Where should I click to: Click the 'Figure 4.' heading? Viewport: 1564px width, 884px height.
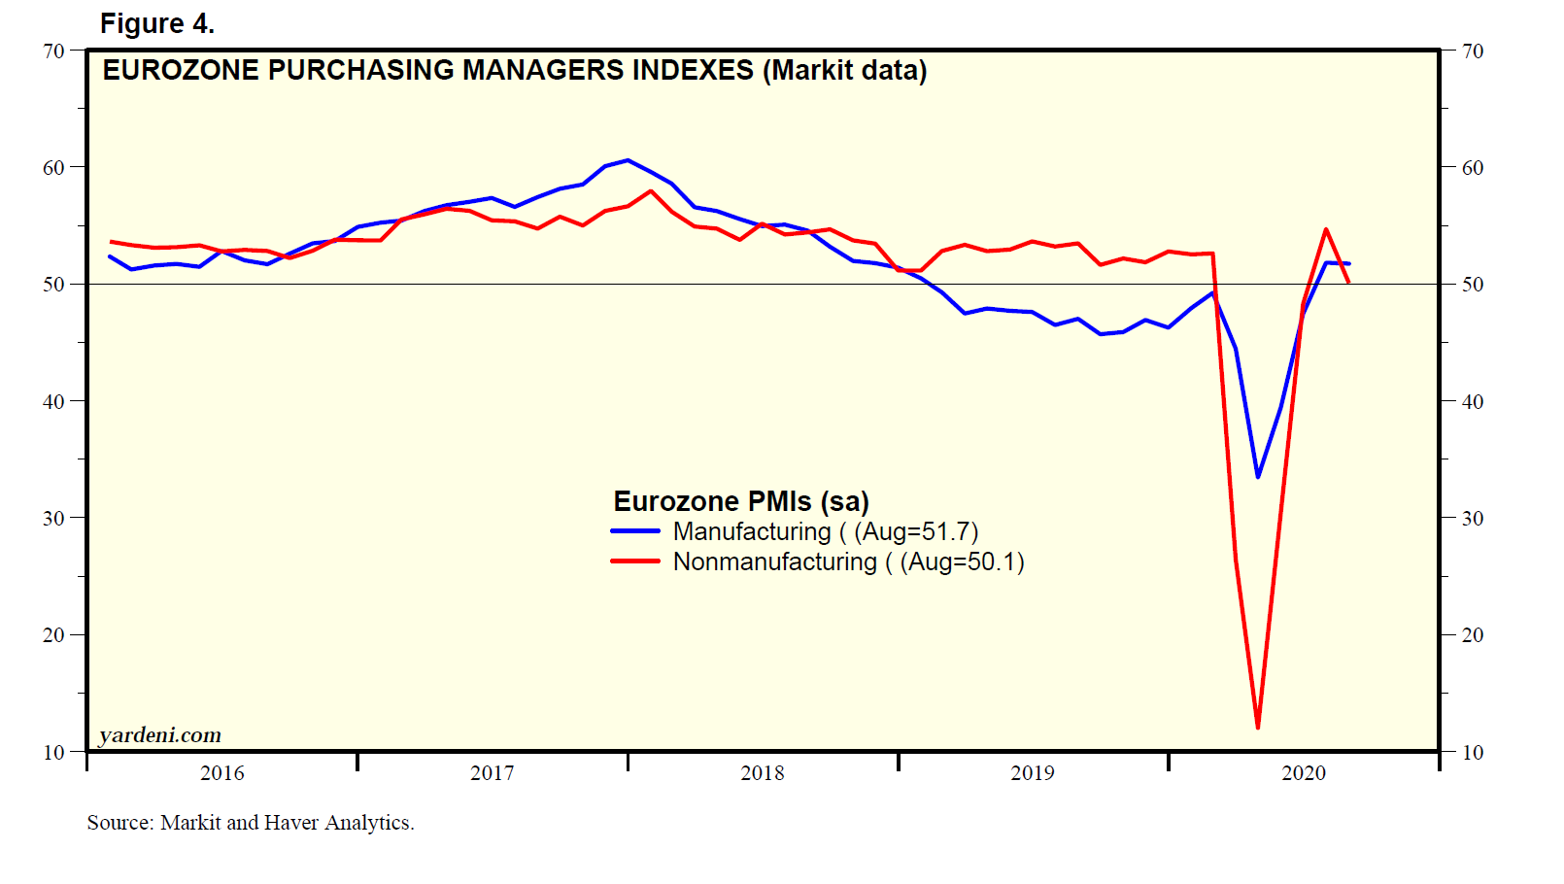pos(157,23)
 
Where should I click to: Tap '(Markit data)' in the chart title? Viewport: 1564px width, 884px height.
pos(844,71)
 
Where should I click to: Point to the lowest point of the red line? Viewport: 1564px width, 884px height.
pos(1258,728)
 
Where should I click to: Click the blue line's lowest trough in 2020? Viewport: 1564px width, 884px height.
pos(1258,477)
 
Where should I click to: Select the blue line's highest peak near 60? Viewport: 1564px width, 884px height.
pos(628,160)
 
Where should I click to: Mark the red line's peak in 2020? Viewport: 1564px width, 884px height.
pos(1326,229)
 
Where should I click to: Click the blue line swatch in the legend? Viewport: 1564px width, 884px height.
pos(635,531)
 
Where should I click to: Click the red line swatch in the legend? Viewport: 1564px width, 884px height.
pos(635,561)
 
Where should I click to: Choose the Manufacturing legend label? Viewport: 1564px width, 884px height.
pos(752,531)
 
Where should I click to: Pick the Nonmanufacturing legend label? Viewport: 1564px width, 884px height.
pos(774,561)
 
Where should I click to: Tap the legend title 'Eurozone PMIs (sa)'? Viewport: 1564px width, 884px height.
pos(741,501)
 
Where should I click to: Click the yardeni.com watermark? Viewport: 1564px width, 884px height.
pos(160,735)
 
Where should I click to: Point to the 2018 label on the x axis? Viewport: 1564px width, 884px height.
pos(763,773)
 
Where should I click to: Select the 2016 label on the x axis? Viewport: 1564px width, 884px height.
pos(222,773)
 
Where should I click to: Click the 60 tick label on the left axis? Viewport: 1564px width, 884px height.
pos(53,167)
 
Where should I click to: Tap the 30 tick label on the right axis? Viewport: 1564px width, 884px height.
pos(1473,518)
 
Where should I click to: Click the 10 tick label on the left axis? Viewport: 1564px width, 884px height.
pos(53,752)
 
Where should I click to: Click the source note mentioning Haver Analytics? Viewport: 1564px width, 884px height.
pos(251,823)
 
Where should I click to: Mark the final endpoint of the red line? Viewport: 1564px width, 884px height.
pos(1348,283)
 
